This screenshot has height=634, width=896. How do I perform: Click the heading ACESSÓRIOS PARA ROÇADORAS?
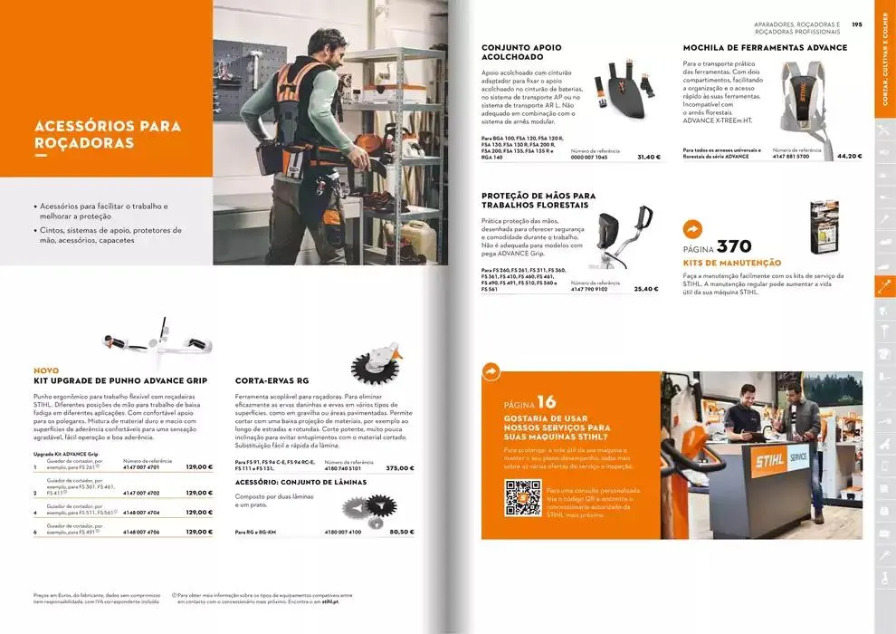107,134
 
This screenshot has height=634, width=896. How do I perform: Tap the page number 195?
857,25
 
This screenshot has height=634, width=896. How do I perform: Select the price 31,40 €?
648,157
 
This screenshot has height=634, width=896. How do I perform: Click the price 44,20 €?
849,156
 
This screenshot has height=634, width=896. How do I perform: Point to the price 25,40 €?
645,289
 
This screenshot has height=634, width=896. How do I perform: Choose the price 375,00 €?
399,468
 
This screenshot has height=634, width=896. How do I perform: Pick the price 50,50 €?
401,532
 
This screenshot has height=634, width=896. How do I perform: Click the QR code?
522,498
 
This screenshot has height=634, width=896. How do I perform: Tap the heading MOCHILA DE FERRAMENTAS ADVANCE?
765,48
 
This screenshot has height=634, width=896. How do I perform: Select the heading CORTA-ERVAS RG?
272,380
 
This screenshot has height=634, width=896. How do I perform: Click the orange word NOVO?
46,370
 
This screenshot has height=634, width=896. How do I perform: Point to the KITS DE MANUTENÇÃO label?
731,263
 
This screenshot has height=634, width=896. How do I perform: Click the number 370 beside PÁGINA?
734,246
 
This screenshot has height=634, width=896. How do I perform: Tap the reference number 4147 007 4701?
141,467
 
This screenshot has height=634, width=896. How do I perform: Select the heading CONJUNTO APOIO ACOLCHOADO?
521,53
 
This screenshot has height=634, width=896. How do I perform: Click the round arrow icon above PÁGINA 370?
693,229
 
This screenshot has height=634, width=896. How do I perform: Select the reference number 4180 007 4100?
342,532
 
